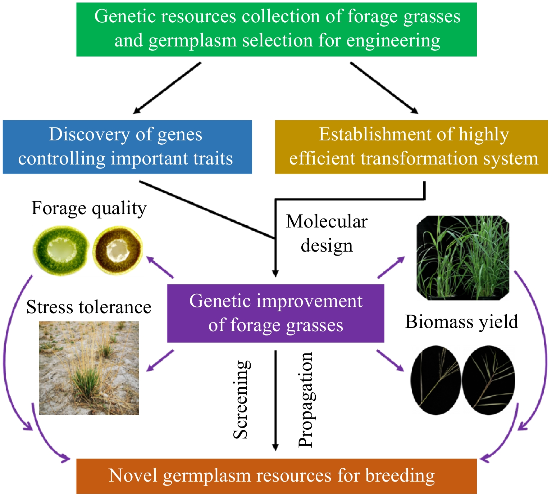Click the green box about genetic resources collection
[x=276, y=29]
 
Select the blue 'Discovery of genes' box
[x=127, y=147]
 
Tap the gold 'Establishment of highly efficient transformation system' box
[x=411, y=147]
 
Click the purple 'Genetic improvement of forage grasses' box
[x=275, y=313]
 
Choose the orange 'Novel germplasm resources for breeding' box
[x=276, y=476]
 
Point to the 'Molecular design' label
[x=327, y=233]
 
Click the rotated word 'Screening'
[x=241, y=400]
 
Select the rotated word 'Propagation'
[x=306, y=400]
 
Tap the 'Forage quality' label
[x=89, y=208]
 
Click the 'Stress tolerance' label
[x=89, y=307]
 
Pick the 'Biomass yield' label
[x=461, y=321]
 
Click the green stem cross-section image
[x=60, y=250]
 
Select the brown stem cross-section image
[x=118, y=250]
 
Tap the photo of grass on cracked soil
[x=89, y=368]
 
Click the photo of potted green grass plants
[x=462, y=258]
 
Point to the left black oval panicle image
[x=435, y=380]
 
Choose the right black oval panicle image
[x=488, y=380]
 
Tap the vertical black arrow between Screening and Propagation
[x=275, y=400]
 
